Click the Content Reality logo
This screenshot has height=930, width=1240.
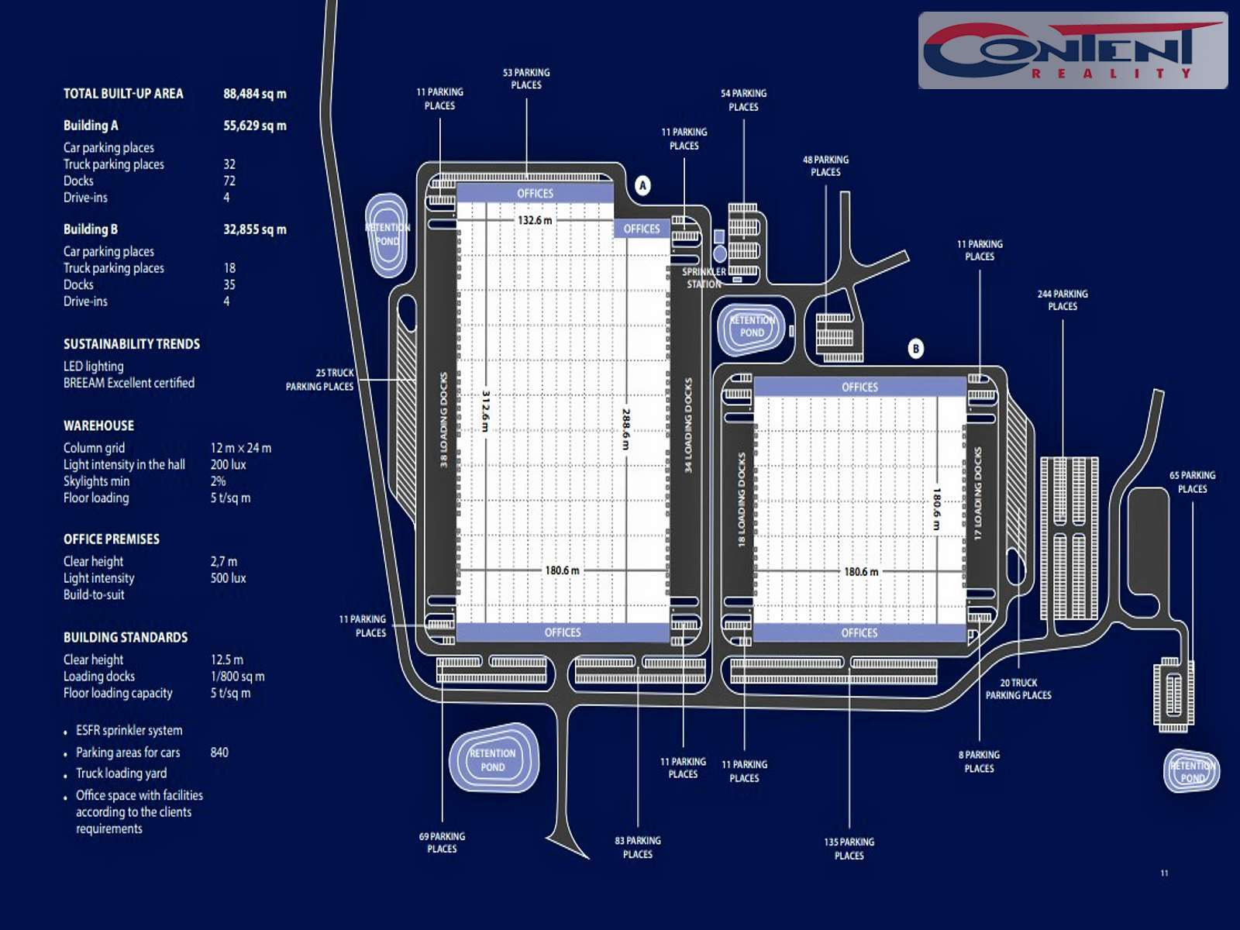[x=1073, y=50]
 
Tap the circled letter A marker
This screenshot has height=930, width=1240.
[x=642, y=186]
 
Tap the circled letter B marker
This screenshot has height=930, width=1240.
[x=916, y=349]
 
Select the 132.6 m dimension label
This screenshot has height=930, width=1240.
[x=535, y=220]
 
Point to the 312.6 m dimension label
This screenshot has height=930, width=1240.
[x=486, y=411]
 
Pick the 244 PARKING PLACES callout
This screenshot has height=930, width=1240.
[x=1063, y=300]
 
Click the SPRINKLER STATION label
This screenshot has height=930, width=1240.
[x=704, y=277]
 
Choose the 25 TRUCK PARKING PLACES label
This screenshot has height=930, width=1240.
[x=319, y=380]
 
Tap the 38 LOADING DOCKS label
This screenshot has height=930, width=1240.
[x=444, y=419]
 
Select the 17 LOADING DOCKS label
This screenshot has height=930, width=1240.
[x=978, y=493]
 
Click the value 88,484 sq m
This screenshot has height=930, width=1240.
[x=254, y=94]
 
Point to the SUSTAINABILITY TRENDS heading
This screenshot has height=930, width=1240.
[x=132, y=344]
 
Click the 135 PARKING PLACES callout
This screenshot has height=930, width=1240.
[x=849, y=849]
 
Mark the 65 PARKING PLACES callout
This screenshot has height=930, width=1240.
[x=1192, y=482]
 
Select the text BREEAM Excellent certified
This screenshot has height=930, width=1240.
[x=129, y=383]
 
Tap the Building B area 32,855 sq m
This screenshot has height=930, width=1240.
[x=254, y=229]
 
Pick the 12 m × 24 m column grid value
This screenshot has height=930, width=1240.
[x=240, y=448]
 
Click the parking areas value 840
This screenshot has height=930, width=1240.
[x=219, y=753]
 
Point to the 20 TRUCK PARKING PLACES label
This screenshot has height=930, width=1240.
[x=1018, y=689]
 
